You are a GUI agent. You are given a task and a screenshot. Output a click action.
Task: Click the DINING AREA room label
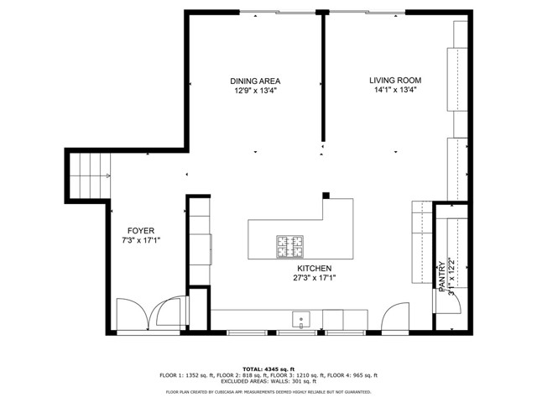pyautogui.click(x=254, y=81)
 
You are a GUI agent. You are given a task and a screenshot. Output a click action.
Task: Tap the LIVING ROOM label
pyautogui.click(x=395, y=81)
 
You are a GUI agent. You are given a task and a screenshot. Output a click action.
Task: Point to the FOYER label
pyautogui.click(x=140, y=230)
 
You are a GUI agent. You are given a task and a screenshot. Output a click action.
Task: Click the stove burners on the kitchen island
pyautogui.click(x=290, y=246)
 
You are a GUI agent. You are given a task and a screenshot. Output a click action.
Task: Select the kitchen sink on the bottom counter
pyautogui.click(x=301, y=319)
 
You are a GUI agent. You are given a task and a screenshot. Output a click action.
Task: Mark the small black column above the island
pyautogui.click(x=326, y=195)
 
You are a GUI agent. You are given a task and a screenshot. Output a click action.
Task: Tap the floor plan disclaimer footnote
pyautogui.click(x=268, y=391)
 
